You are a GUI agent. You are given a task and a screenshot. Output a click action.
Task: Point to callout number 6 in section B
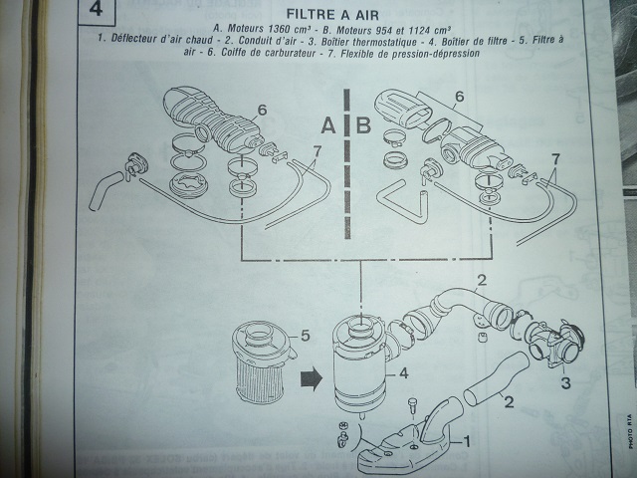(460, 99)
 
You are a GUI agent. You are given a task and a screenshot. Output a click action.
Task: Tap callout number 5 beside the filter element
(307, 337)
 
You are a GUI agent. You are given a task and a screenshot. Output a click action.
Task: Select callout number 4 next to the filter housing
(404, 375)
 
